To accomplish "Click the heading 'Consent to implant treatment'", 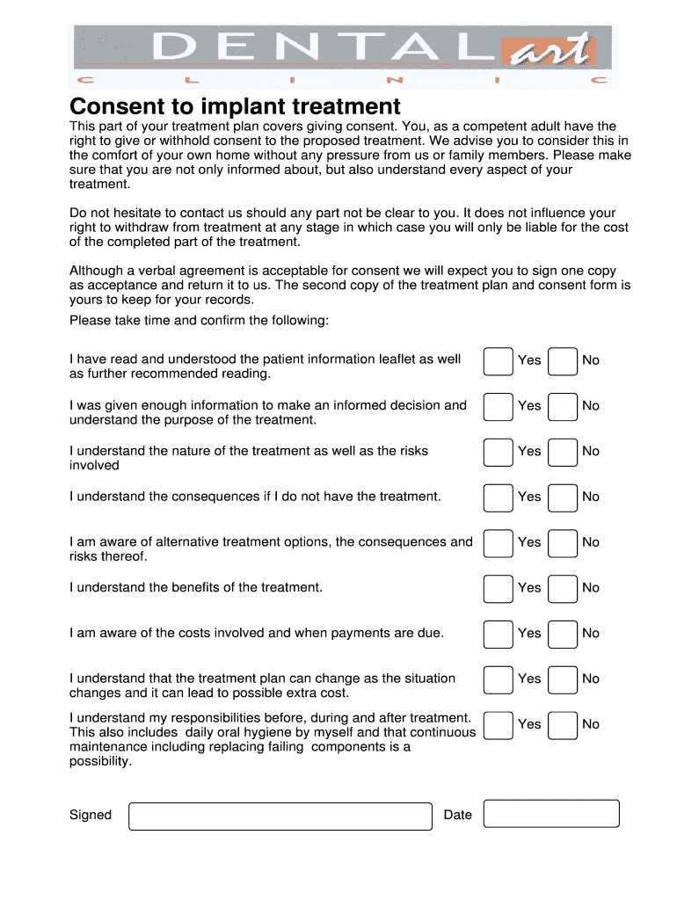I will [235, 107].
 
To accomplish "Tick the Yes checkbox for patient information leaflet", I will [498, 360].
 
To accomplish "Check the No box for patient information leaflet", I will [563, 360].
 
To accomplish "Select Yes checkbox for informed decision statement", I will [498, 406].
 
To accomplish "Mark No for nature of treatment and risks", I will [563, 452].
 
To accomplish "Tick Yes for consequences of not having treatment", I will [498, 497].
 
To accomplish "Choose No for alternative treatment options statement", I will [563, 543].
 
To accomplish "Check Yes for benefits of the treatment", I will [498, 588].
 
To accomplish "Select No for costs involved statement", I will [563, 634].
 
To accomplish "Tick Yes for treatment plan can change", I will [498, 679].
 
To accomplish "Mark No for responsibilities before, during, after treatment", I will [563, 725].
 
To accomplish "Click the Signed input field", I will [280, 816].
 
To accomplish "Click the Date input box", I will [552, 814].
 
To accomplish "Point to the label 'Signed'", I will [91, 815].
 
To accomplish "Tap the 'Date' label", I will [458, 815].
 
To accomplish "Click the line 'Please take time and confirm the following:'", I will [199, 320].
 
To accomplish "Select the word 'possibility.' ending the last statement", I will [100, 762].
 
